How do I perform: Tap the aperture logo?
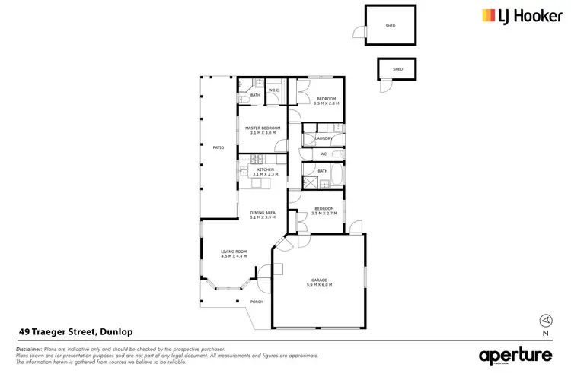[x=514, y=355]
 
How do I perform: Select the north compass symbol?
[x=544, y=321]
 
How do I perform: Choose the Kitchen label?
[x=264, y=169]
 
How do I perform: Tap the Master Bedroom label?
[x=263, y=128]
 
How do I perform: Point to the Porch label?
[x=257, y=302]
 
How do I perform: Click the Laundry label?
[x=323, y=138]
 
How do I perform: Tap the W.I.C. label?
[x=273, y=90]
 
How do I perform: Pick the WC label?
[x=323, y=154]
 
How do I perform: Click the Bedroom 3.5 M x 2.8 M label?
[x=327, y=99]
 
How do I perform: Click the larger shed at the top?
[x=391, y=26]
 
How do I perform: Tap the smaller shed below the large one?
[x=397, y=69]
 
